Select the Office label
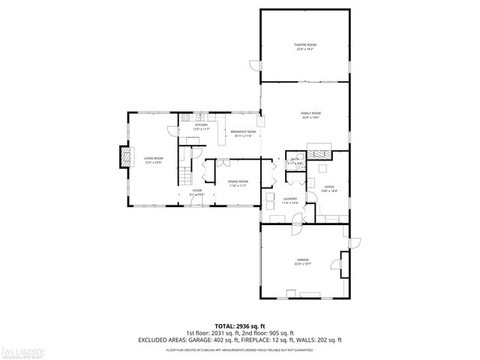(x=329, y=188)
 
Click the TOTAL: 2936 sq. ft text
(x=239, y=326)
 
